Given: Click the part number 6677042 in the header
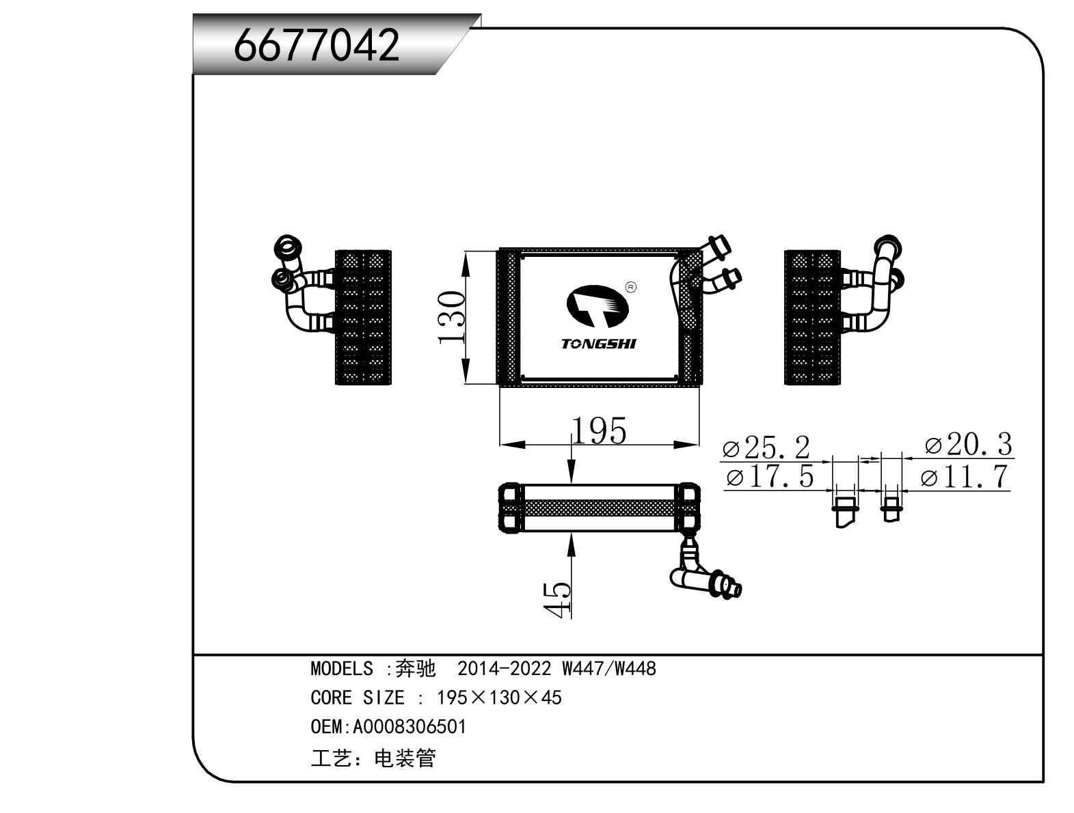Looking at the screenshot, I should pyautogui.click(x=316, y=46).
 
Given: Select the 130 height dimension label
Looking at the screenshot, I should pyautogui.click(x=452, y=318).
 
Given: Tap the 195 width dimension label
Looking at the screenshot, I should pyautogui.click(x=599, y=431).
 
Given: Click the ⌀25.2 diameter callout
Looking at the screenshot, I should pyautogui.click(x=766, y=448).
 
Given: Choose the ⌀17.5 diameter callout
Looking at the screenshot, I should pyautogui.click(x=770, y=476).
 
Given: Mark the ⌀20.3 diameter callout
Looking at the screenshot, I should pyautogui.click(x=967, y=445).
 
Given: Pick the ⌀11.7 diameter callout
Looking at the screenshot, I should pyautogui.click(x=965, y=476).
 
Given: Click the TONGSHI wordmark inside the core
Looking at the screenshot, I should pyautogui.click(x=599, y=344).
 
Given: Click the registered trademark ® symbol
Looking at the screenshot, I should pyautogui.click(x=631, y=287).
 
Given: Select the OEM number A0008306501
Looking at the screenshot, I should pyautogui.click(x=408, y=726).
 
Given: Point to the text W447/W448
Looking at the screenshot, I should pyautogui.click(x=609, y=668).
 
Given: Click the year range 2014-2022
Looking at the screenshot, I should pyautogui.click(x=504, y=668).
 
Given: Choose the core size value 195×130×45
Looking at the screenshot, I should pyautogui.click(x=499, y=698).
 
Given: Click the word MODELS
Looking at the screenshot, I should pyautogui.click(x=342, y=668).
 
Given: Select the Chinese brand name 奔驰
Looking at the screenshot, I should pyautogui.click(x=415, y=668).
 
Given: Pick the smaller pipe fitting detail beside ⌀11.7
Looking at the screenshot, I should pyautogui.click(x=890, y=507).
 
